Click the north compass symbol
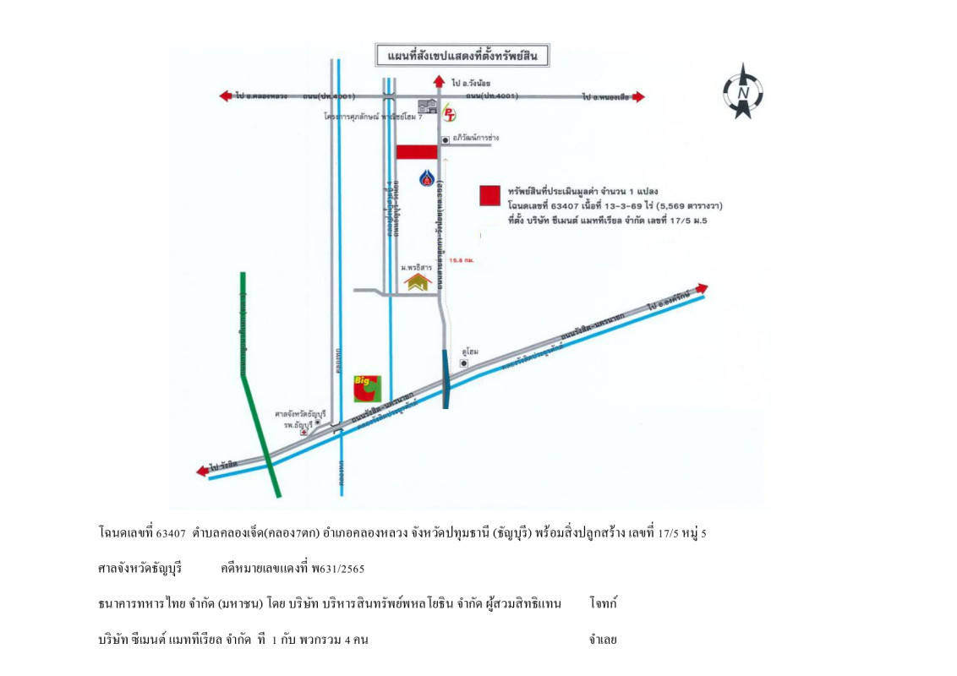point(742,91)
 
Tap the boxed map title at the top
point(462,57)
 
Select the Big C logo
point(367,388)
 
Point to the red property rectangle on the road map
point(417,152)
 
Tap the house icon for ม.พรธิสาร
point(418,281)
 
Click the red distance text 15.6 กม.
point(462,260)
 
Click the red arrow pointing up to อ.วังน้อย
point(438,81)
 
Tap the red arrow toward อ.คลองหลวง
point(226,96)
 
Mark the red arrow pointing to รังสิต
point(202,472)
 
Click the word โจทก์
point(604,603)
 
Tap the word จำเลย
point(603,640)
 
